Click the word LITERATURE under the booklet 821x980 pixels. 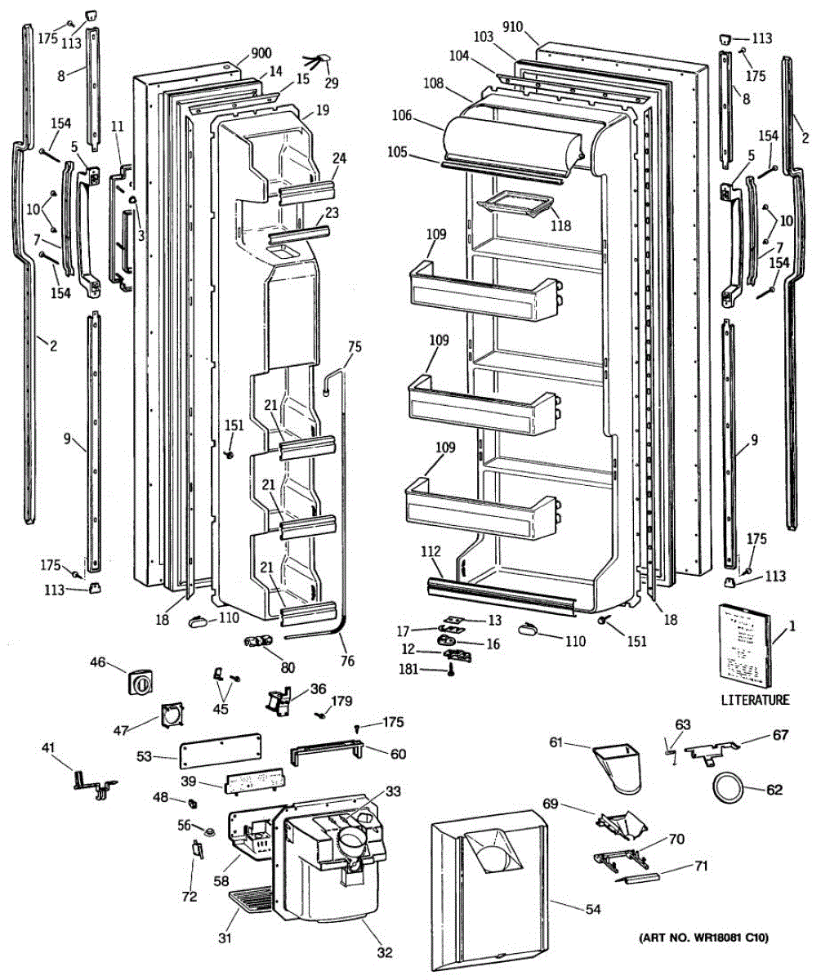pos(755,700)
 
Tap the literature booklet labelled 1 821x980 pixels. pos(744,646)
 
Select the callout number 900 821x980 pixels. pos(261,53)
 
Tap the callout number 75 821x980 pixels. pos(354,346)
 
